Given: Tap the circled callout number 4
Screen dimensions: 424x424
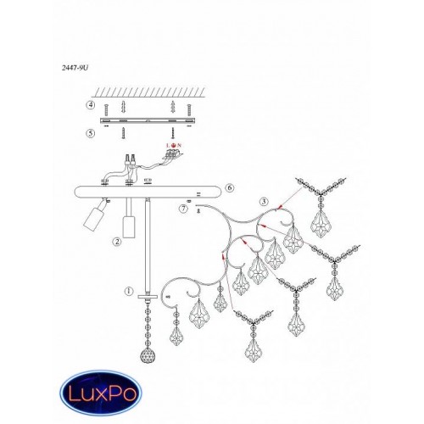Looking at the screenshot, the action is tap(91, 105).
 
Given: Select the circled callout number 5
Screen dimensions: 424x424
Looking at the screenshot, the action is tap(91, 133).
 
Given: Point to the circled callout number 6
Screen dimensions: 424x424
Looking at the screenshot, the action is tap(230, 187).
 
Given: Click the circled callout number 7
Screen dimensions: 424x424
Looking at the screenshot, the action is tap(183, 209).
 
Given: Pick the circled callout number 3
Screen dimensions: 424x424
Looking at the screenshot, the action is tap(264, 201).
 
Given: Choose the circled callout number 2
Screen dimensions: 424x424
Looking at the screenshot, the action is tap(116, 242).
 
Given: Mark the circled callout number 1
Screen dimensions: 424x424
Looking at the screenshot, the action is tap(129, 291).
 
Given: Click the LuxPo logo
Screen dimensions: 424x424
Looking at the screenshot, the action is tap(101, 393).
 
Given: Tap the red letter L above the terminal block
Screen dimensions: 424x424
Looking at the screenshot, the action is tap(168, 145).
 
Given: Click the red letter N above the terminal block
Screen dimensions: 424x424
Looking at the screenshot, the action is tap(180, 145).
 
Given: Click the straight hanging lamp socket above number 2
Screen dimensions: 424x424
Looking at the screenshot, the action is tap(129, 227).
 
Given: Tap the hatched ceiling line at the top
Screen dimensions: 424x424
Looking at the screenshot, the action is tap(149, 92).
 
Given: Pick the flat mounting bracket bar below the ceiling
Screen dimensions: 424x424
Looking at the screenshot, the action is tap(148, 120).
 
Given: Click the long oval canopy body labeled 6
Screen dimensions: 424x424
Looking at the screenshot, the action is tap(148, 192).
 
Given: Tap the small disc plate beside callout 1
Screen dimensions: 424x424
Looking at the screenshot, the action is tap(148, 297).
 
